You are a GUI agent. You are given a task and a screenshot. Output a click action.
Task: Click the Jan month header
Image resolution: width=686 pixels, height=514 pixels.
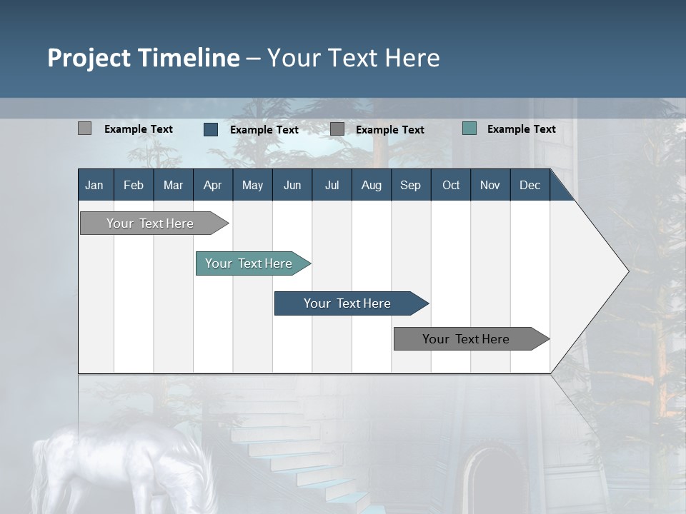pyautogui.click(x=94, y=185)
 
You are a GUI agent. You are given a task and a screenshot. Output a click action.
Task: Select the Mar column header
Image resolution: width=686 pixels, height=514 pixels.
pyautogui.click(x=173, y=185)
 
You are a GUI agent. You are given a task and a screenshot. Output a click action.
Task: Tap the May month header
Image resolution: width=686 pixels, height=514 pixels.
pyautogui.click(x=252, y=185)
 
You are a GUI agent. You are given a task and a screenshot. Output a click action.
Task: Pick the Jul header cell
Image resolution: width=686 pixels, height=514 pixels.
pyautogui.click(x=332, y=185)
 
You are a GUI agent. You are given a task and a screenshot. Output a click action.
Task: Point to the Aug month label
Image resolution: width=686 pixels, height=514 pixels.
pyautogui.click(x=372, y=185)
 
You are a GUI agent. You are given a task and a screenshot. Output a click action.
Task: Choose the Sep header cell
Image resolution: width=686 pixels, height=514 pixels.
pyautogui.click(x=410, y=185)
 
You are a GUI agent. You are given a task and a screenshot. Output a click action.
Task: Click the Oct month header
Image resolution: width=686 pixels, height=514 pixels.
pyautogui.click(x=451, y=185)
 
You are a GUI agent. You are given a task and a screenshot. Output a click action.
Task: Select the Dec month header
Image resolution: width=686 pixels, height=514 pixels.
pyautogui.click(x=530, y=185)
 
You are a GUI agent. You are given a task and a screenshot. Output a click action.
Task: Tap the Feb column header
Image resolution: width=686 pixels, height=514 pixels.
pyautogui.click(x=134, y=185)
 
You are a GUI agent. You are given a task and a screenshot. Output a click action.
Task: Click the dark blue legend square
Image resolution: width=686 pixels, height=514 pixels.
pyautogui.click(x=211, y=129)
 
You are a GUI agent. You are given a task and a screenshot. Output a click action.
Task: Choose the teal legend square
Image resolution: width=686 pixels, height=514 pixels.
pyautogui.click(x=469, y=128)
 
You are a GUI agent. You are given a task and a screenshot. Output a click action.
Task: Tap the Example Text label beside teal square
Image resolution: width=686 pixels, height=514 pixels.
pyautogui.click(x=521, y=129)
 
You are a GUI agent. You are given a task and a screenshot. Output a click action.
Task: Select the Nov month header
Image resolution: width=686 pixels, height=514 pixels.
pyautogui.click(x=490, y=185)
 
